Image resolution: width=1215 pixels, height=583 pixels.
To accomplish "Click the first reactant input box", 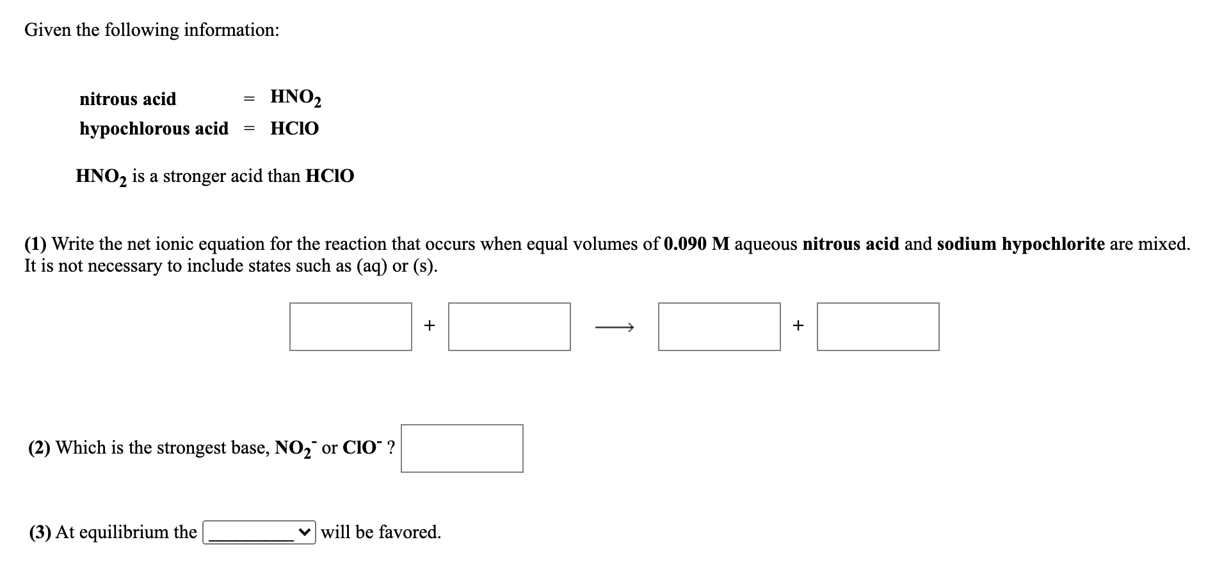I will [350, 327].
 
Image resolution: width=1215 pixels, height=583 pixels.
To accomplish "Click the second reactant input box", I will [509, 327].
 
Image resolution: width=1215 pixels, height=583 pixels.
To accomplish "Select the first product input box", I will [719, 327].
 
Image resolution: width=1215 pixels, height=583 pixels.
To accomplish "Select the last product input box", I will [878, 327].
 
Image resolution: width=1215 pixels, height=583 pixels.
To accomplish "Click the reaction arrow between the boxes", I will [614, 328].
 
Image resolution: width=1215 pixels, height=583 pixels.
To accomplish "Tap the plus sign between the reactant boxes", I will [430, 325].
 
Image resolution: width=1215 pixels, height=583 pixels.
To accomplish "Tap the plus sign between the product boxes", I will [798, 325].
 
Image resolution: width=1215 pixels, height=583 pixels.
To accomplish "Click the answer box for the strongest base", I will [462, 448].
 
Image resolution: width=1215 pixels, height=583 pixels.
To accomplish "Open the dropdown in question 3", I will [259, 532].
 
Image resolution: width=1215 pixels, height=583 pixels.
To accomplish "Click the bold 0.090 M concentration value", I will [696, 244].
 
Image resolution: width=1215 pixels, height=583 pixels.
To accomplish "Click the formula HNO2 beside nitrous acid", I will [296, 97].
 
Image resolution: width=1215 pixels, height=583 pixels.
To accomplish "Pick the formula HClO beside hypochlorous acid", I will [294, 129].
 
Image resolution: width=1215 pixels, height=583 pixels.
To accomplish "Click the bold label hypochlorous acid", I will [154, 129].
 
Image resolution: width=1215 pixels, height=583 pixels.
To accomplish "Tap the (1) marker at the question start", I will [35, 244].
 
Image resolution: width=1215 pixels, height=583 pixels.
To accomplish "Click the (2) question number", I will [39, 448].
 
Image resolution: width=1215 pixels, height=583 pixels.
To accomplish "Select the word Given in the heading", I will [48, 30].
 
